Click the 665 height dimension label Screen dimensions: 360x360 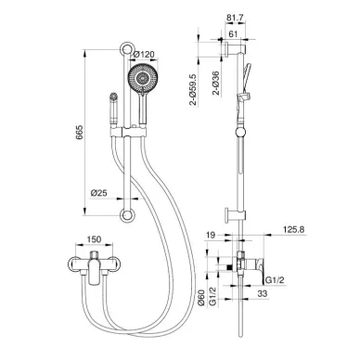point(80,133)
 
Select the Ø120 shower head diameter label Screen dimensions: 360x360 point(144,55)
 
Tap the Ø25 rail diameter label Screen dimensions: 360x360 point(99,193)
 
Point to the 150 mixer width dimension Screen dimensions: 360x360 point(94,239)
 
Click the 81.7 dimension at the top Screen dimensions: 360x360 point(235,18)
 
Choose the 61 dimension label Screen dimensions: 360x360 point(233,33)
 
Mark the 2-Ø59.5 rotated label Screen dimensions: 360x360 point(193,90)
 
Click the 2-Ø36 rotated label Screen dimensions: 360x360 point(215,84)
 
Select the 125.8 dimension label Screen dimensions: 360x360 point(294,229)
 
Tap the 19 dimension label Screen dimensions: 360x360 point(211,235)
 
